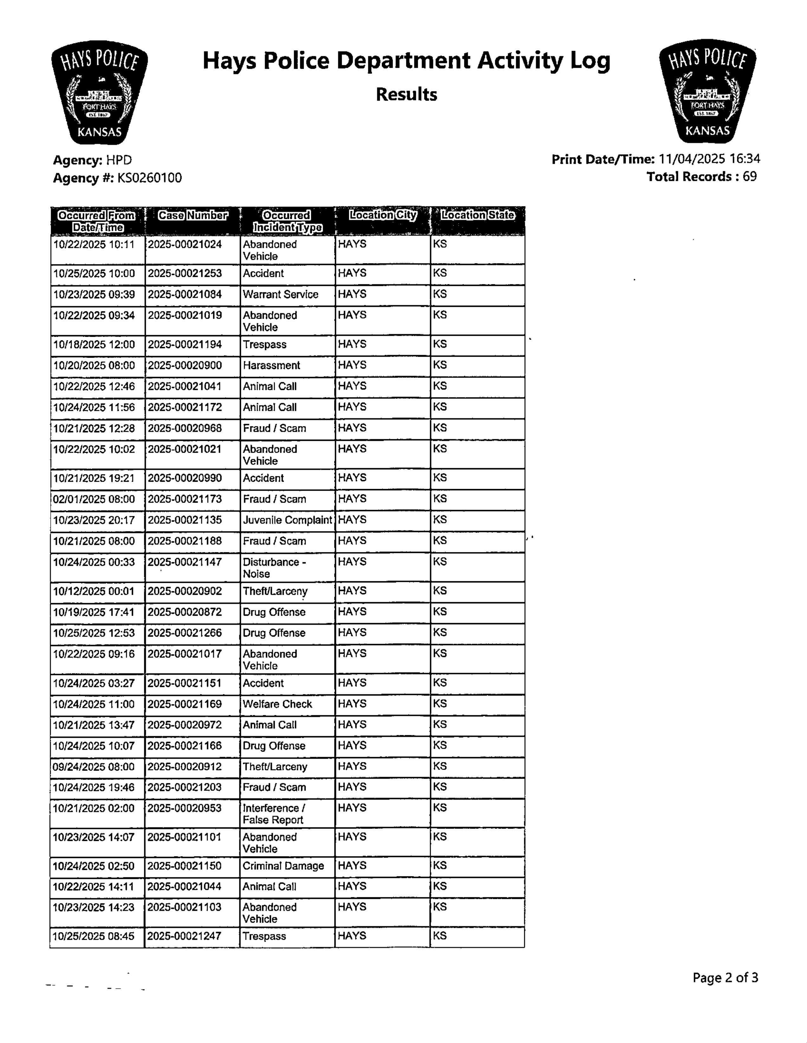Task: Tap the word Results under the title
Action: (406, 95)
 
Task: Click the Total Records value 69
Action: (749, 177)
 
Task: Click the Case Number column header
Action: (192, 216)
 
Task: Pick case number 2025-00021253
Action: (184, 274)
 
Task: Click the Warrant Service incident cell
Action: (281, 295)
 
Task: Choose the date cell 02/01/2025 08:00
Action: (94, 499)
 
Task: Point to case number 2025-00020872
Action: (184, 612)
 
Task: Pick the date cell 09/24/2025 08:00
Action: (94, 767)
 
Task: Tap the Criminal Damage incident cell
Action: (283, 866)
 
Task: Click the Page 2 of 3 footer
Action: (725, 978)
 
